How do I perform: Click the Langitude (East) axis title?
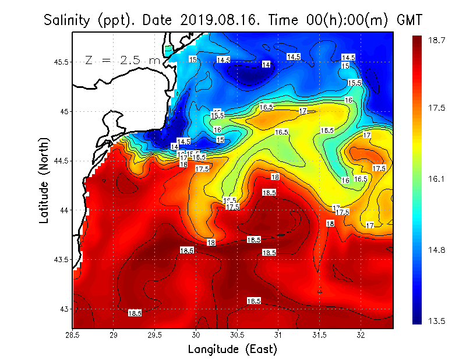(x=232, y=350)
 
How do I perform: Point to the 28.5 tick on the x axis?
(x=73, y=335)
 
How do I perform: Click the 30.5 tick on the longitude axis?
(x=237, y=335)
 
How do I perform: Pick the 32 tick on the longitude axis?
(x=361, y=335)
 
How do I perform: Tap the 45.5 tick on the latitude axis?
(x=58, y=62)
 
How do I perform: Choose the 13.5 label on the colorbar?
(x=437, y=320)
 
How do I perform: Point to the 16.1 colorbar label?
(x=437, y=179)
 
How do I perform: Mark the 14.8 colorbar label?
(x=437, y=250)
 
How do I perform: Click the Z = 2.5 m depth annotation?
(x=122, y=60)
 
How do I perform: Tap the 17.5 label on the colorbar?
(x=437, y=108)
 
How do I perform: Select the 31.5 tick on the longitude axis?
(x=320, y=335)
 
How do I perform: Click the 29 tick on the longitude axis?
(x=114, y=335)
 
